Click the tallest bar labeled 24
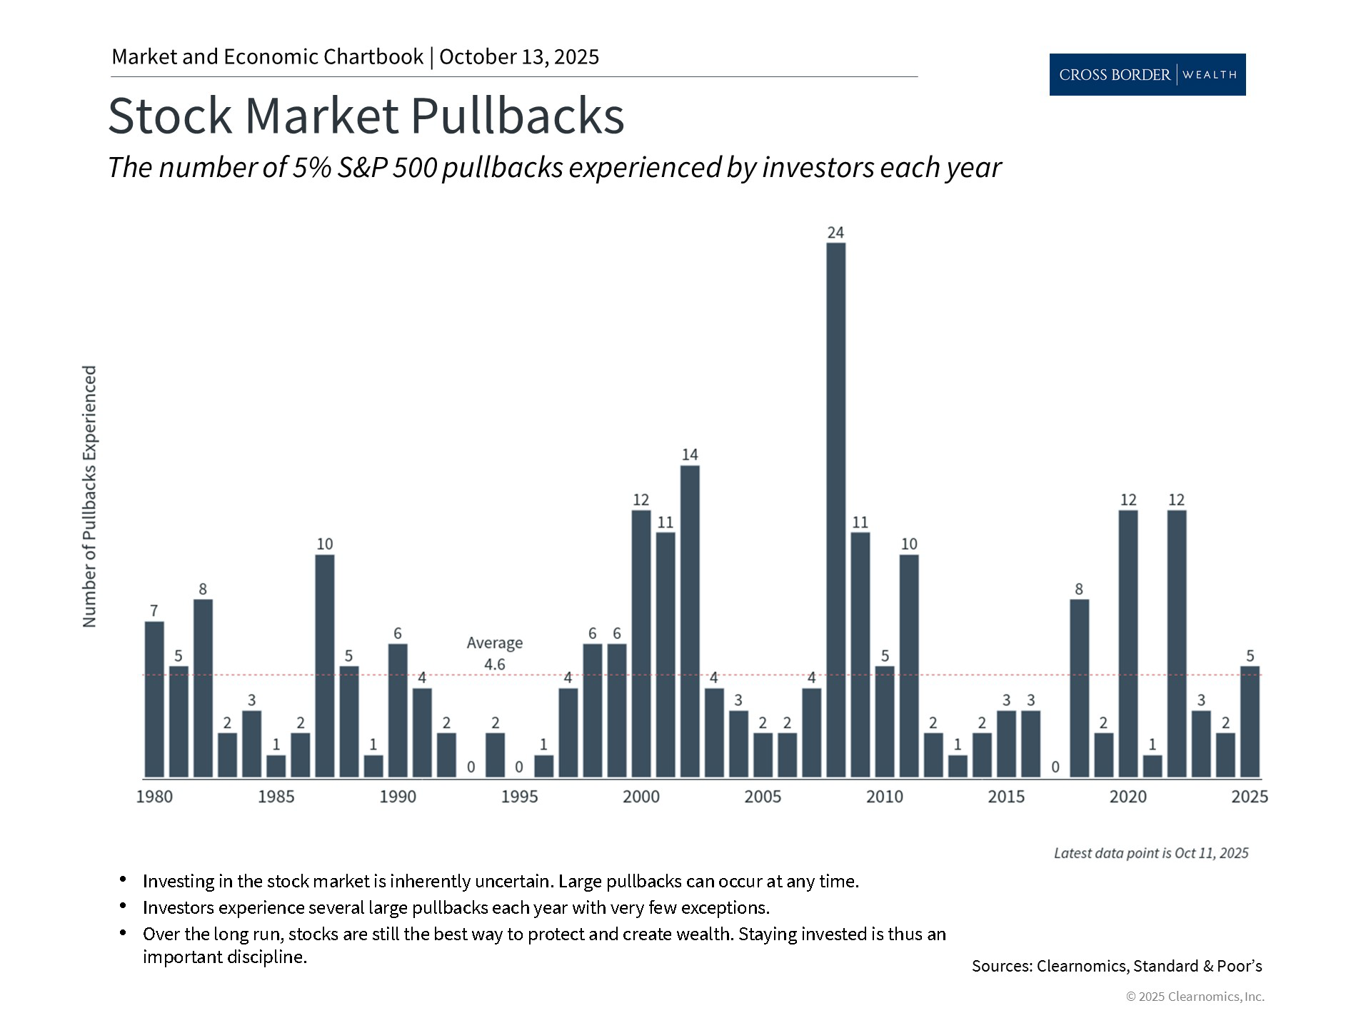[835, 510]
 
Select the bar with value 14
[690, 621]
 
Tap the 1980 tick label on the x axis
[154, 797]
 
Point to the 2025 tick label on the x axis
[1250, 797]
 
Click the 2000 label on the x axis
[641, 797]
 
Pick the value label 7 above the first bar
[154, 610]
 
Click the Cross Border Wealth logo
[1147, 74]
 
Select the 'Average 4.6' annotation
[494, 653]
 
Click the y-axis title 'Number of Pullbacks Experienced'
[89, 497]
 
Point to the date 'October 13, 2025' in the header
[519, 57]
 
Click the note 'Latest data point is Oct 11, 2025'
[1151, 853]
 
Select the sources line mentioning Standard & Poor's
[1117, 966]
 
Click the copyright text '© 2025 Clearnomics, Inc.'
[1195, 997]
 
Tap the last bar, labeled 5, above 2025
[1250, 722]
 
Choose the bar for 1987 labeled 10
[325, 666]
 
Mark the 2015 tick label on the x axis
[1006, 797]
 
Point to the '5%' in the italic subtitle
[311, 168]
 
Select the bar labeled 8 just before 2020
[1080, 688]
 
